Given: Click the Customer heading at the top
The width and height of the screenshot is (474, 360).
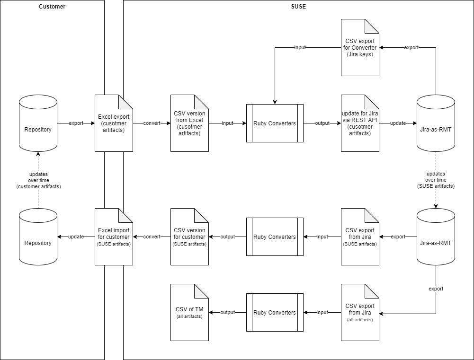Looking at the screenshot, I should click(x=52, y=7).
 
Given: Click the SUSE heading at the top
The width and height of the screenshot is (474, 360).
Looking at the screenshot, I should click(x=298, y=7).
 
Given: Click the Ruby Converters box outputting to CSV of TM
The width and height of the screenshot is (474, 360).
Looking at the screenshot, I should click(x=275, y=312).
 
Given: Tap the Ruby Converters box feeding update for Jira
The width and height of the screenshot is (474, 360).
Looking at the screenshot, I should click(x=275, y=123).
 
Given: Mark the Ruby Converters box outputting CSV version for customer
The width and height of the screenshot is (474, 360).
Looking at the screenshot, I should click(x=275, y=237).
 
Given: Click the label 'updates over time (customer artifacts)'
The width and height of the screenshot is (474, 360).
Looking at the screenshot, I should click(x=38, y=180).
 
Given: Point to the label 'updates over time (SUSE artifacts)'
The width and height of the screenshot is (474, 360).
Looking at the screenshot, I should click(x=436, y=180).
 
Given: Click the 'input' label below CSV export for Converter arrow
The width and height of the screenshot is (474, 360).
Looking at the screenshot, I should click(x=300, y=48).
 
